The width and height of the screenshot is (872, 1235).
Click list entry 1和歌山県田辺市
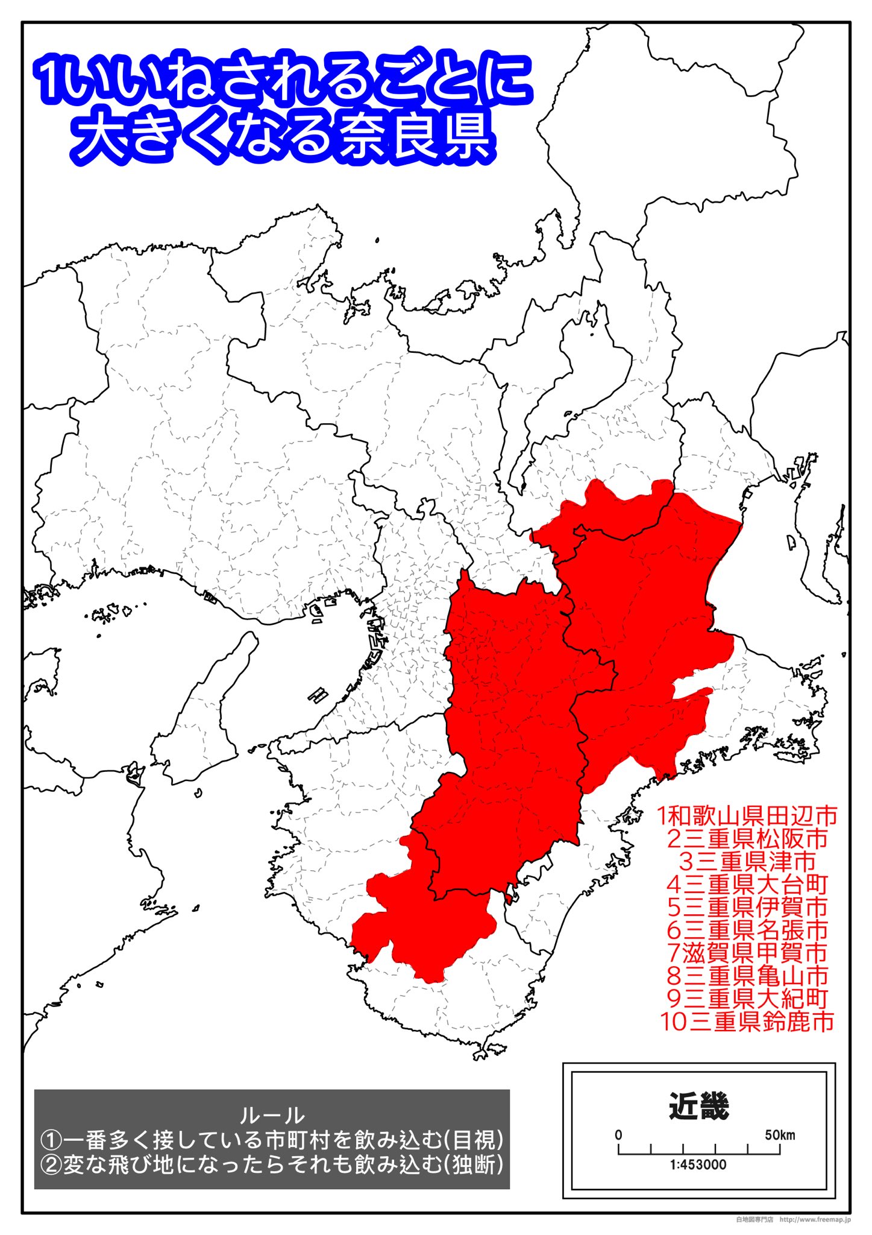747,816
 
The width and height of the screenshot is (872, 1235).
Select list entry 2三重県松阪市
747,839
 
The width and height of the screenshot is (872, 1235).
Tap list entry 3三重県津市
747,862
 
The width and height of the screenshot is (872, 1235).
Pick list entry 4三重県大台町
747,885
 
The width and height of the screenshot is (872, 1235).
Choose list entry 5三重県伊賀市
747,907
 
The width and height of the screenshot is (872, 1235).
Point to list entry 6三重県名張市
747,930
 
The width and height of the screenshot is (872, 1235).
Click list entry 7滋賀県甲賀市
747,953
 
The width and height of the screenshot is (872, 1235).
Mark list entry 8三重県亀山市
747,976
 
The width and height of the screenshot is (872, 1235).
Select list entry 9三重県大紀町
747,999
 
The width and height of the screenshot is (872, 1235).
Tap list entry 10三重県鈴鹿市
747,1022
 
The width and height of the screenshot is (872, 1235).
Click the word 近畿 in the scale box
699,1107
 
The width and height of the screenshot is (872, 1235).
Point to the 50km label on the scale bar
780,1135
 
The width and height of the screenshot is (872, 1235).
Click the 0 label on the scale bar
618,1135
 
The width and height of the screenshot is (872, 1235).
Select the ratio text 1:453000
698,1164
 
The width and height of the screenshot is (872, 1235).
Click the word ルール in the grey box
272,1116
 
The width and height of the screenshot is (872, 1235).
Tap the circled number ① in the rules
51,1140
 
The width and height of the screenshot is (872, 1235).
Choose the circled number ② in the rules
51,1164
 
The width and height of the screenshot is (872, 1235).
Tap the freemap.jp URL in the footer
815,1219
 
